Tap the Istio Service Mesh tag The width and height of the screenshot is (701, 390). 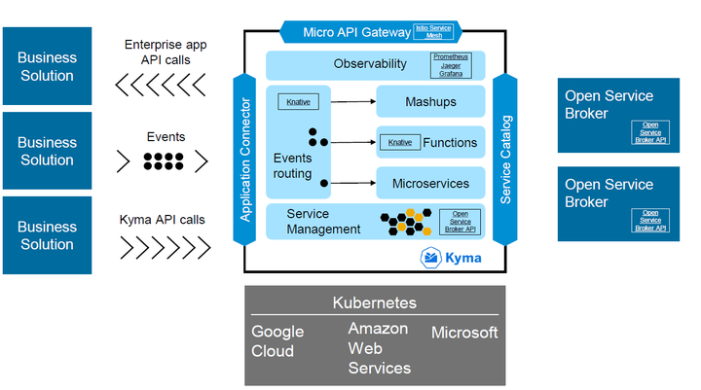[x=434, y=31]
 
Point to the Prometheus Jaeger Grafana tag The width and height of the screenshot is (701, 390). [x=450, y=65]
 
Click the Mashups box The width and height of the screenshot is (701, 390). [x=430, y=100]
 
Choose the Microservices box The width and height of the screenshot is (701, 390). [x=430, y=183]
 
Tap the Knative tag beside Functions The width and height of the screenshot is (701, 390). [x=399, y=142]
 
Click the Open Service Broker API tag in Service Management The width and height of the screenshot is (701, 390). [x=461, y=221]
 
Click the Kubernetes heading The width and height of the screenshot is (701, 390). [x=375, y=302]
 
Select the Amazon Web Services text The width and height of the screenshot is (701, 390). [x=379, y=348]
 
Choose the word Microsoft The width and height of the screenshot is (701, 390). [x=464, y=333]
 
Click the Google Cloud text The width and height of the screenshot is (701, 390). [x=277, y=340]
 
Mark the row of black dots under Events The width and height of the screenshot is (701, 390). [x=165, y=160]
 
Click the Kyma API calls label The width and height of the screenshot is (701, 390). [x=164, y=220]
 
